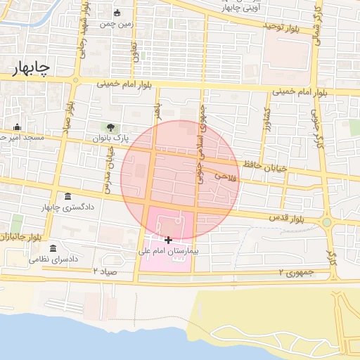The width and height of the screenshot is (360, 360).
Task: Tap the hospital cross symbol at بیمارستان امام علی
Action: [x=168, y=240]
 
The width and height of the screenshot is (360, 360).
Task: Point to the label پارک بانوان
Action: [x=112, y=139]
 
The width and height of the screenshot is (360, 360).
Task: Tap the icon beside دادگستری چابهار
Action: [x=67, y=196]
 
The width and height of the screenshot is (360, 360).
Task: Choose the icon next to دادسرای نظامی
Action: [x=53, y=248]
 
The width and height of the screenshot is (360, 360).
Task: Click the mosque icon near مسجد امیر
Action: [x=17, y=127]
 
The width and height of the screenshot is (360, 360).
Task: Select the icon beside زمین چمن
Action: [x=117, y=13]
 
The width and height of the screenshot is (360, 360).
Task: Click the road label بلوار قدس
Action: [x=285, y=219]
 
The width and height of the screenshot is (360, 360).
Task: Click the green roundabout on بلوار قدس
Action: [x=327, y=223]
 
